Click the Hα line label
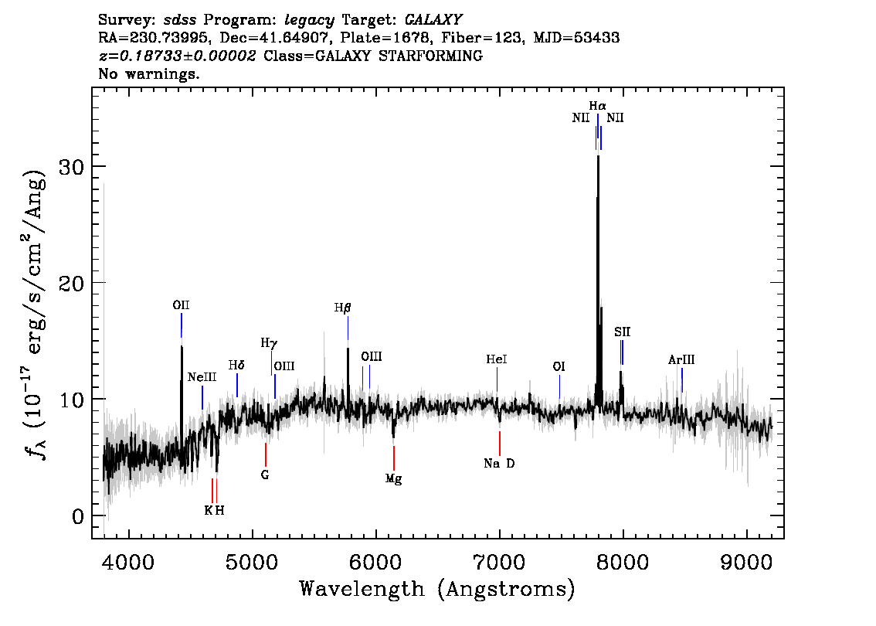coord(597,106)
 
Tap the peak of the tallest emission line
coord(598,157)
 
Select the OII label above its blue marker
coord(181,305)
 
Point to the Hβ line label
coord(342,308)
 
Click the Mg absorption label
coord(394,479)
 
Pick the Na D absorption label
coord(499,464)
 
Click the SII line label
coord(623,332)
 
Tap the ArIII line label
coord(681,360)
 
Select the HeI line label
coord(497,359)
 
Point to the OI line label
coord(559,367)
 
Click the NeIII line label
coord(202,377)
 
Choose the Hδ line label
coord(236,365)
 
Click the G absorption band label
coord(265,475)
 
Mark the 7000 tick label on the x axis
coord(500,560)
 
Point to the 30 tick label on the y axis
coord(73,167)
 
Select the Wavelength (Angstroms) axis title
coord(437,590)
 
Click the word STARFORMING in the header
coord(436,56)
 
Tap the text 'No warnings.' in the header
coord(149,74)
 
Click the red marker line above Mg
coord(394,458)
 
